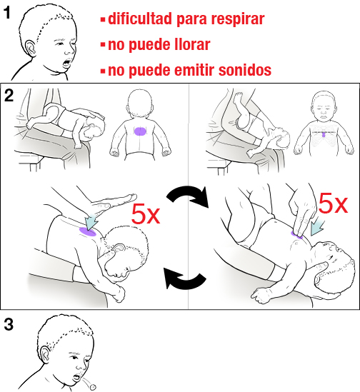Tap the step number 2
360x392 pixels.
tap(9, 96)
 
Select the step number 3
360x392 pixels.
tap(9, 325)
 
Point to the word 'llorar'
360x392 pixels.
tap(189, 44)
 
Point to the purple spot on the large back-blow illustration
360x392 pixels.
tap(89, 230)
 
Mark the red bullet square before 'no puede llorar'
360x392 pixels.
tap(103, 45)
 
